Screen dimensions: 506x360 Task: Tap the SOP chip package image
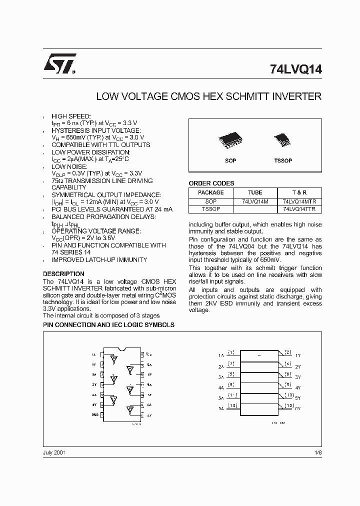(230, 141)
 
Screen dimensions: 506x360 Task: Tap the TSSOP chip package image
(282, 141)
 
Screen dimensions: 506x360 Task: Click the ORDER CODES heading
(211, 183)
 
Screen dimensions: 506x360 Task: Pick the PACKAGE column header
(210, 192)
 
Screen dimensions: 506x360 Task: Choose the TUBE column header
(254, 192)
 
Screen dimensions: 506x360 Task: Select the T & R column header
(299, 192)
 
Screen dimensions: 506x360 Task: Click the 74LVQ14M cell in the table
(254, 201)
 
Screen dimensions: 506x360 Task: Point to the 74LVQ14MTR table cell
(299, 201)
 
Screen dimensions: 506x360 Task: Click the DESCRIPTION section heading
(63, 274)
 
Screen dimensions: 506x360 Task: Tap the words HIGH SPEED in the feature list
(71, 115)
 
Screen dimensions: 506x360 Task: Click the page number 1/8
(318, 452)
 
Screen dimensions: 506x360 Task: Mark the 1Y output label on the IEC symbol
(297, 355)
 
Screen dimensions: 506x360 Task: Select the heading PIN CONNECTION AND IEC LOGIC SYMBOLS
(108, 325)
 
